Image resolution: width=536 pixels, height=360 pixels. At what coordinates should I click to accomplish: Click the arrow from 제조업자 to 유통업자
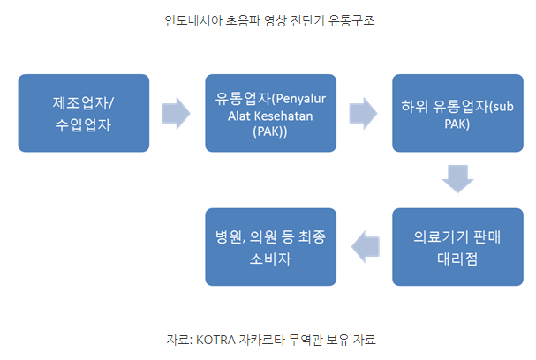click(177, 112)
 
